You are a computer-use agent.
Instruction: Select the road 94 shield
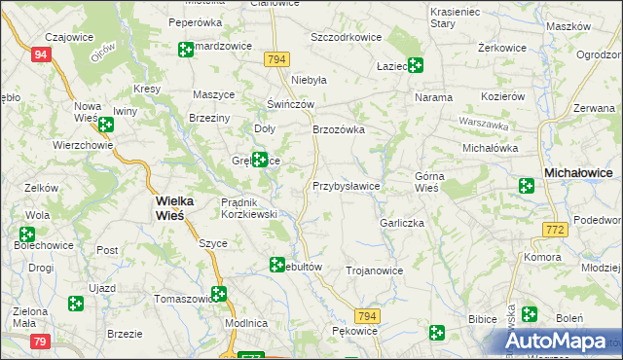tap(40, 55)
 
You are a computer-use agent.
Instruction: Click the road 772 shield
tap(555, 229)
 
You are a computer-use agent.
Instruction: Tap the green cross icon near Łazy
tap(416, 65)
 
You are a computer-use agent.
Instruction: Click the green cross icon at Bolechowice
tap(26, 234)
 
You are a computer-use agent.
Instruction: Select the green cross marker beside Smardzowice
tap(185, 50)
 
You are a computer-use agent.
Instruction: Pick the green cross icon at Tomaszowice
tap(219, 293)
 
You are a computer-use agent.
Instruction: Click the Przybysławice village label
tap(346, 185)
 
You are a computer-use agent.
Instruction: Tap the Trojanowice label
tap(374, 270)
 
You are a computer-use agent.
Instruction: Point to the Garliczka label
tap(402, 223)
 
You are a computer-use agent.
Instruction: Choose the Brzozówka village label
tap(338, 128)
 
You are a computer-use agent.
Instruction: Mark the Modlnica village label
tap(245, 322)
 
